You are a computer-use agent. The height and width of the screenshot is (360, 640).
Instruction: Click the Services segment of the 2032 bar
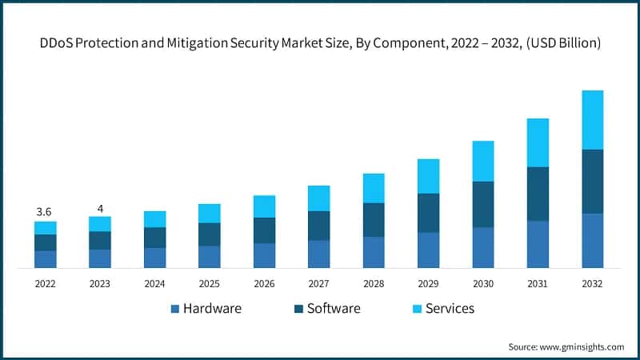point(592,120)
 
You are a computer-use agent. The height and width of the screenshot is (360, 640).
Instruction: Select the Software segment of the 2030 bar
point(482,204)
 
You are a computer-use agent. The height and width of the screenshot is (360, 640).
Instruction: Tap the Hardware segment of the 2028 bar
point(374,251)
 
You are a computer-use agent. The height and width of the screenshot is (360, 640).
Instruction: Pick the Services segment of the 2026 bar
point(264,206)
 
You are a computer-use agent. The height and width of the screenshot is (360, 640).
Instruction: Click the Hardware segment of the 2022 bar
point(46,258)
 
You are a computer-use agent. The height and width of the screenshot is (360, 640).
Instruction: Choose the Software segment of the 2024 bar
point(155,238)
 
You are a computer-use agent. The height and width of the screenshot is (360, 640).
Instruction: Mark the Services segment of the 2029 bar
point(428,176)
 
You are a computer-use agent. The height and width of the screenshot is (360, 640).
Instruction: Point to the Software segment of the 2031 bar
point(538,194)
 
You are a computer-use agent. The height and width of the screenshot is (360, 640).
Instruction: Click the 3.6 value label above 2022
point(45,212)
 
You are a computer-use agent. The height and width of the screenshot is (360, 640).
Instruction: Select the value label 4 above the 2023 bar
point(100,209)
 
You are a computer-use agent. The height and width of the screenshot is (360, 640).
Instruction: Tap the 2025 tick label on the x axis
point(210,284)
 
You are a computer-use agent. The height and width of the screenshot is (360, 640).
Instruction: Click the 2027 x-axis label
point(318,284)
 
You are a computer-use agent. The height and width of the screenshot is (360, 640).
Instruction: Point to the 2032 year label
point(592,284)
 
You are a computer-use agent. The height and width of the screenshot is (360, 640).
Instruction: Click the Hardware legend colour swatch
point(174,309)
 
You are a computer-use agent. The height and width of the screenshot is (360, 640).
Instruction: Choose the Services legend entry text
point(450,309)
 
